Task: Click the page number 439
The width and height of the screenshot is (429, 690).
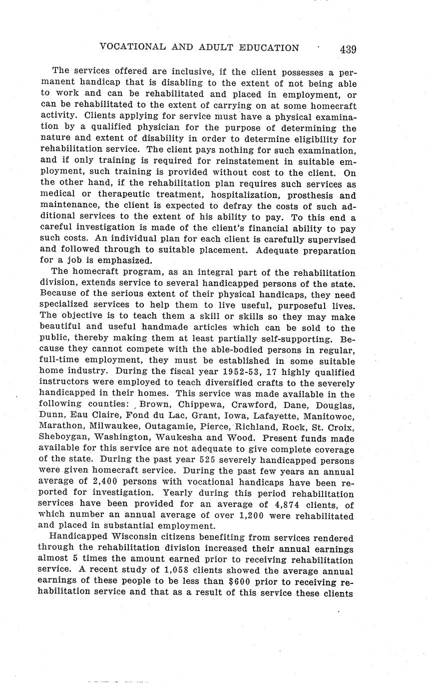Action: coord(347,49)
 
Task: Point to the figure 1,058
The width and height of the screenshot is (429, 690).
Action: coord(181,571)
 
